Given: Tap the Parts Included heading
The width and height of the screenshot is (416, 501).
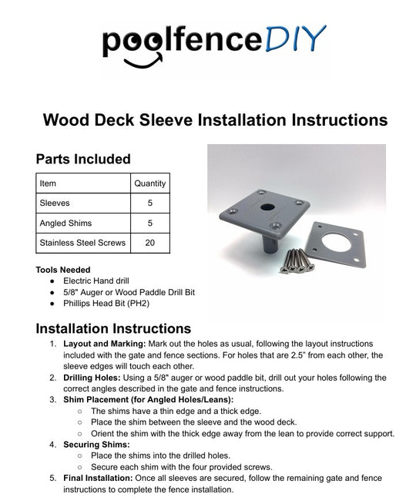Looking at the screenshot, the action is (x=83, y=159).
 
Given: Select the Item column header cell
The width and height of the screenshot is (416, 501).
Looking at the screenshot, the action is (x=48, y=183).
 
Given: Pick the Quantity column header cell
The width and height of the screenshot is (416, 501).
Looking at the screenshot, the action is (x=149, y=183).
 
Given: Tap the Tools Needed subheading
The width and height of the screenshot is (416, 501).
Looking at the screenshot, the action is (x=63, y=270).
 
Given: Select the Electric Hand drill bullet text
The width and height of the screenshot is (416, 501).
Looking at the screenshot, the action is (x=102, y=281).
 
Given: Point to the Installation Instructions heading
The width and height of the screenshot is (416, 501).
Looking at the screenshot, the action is (x=114, y=328).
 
